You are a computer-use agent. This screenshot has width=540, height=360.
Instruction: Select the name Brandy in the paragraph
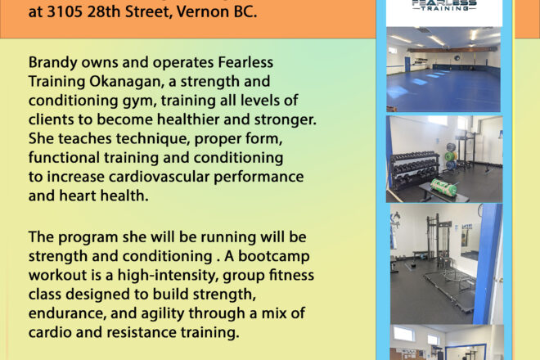click(x=52, y=63)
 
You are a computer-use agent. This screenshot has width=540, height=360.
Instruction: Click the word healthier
click(x=188, y=119)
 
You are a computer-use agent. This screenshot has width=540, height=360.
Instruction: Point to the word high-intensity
click(x=168, y=276)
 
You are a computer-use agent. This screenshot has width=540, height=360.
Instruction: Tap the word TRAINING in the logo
click(x=444, y=8)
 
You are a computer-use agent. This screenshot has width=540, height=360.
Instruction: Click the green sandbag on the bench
click(x=445, y=187)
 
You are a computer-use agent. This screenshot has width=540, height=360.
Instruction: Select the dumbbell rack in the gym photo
click(x=414, y=169)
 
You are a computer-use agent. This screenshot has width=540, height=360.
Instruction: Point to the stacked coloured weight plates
click(x=451, y=156)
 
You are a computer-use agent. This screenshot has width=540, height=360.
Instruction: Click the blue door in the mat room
click(x=407, y=65)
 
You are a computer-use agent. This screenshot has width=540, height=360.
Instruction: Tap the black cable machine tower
click(x=434, y=242)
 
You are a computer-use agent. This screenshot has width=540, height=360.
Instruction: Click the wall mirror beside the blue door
click(x=466, y=238)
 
